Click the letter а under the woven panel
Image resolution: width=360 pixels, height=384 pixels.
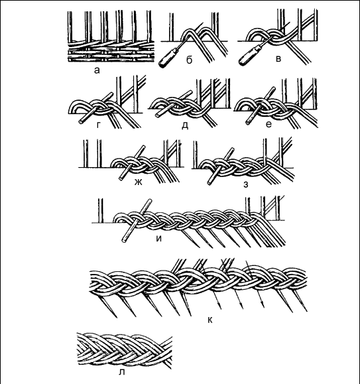[x=97, y=71]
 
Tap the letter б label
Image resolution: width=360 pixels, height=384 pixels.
[x=189, y=60]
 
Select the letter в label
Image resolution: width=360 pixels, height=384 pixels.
[x=278, y=59]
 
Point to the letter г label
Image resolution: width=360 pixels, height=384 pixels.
[x=98, y=125]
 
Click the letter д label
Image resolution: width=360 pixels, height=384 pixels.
[x=185, y=125]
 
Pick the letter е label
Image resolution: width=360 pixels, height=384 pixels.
[x=269, y=125]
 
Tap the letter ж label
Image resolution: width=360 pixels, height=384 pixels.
[x=139, y=182]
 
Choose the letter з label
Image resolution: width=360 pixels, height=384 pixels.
[x=246, y=184]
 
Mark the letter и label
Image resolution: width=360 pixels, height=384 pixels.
[x=159, y=239]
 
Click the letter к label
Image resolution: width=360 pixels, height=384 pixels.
[x=210, y=320]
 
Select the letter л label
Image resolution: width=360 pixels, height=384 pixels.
[x=121, y=372]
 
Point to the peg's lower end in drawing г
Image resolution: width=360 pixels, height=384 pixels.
[x=80, y=122]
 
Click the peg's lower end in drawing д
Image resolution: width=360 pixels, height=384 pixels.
[x=157, y=115]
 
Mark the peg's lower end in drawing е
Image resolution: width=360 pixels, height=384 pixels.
[x=248, y=122]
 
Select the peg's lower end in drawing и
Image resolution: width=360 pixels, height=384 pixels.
[x=124, y=240]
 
